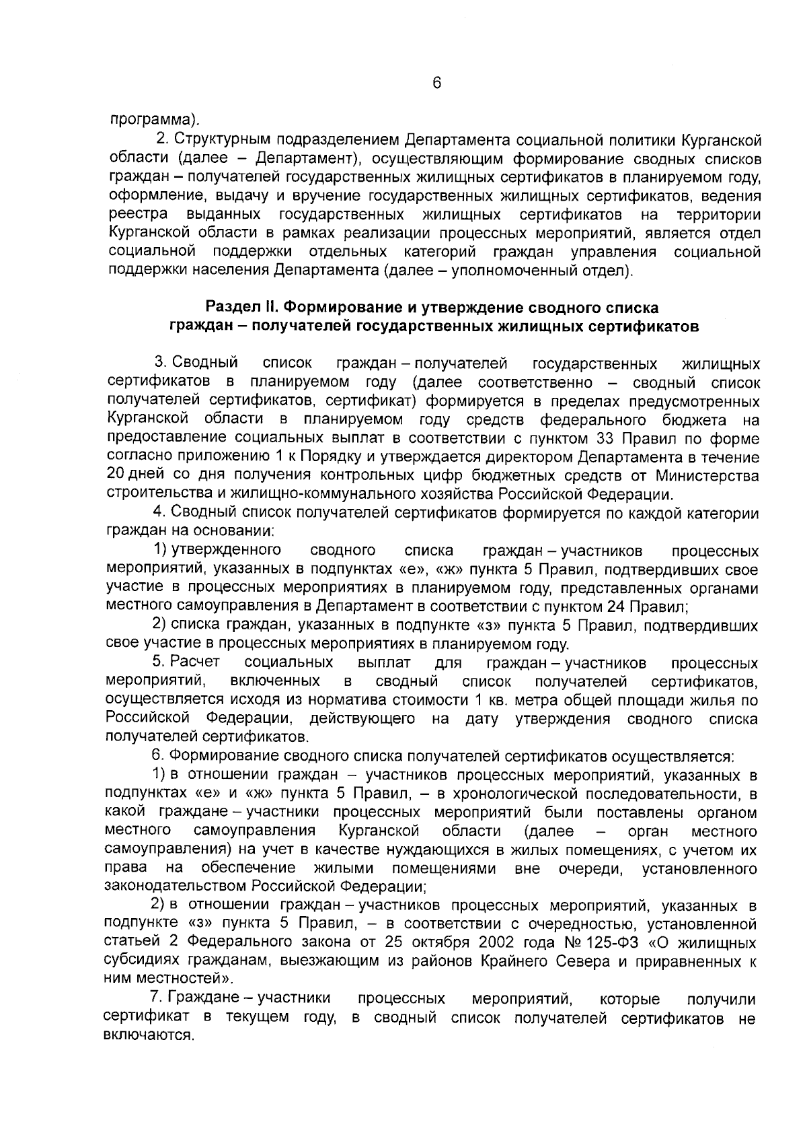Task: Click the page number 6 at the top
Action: (436, 82)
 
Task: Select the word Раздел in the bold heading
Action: (233, 308)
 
